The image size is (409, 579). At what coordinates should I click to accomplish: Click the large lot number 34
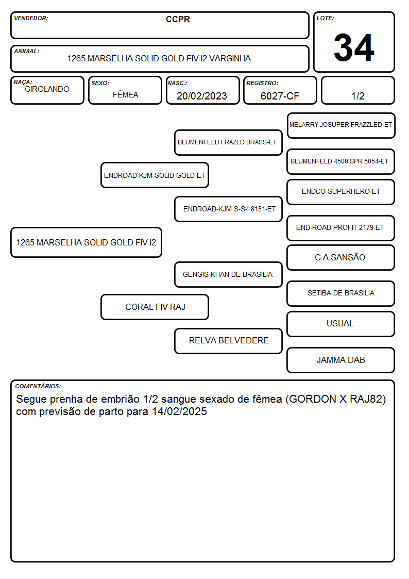[x=354, y=47]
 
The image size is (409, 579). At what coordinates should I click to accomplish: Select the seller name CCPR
[x=178, y=19]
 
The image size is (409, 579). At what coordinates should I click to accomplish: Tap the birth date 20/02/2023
[x=202, y=96]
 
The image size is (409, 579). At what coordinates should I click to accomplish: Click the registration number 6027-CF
[x=280, y=96]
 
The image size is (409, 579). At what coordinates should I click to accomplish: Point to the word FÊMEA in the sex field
[x=125, y=94]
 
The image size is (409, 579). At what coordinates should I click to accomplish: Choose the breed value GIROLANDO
[x=47, y=89]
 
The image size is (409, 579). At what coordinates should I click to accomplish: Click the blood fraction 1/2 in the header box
[x=357, y=96]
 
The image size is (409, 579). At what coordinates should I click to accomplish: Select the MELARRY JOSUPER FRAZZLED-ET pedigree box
[x=341, y=126]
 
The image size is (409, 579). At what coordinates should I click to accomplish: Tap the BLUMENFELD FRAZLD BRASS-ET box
[x=228, y=142]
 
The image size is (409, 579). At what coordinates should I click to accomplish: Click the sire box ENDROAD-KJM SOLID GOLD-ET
[x=155, y=175]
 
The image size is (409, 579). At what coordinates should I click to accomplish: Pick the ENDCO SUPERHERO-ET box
[x=341, y=192]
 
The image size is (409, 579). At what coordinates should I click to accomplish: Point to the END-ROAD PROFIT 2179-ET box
[x=341, y=228]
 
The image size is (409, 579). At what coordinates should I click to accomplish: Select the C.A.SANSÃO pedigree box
[x=341, y=257]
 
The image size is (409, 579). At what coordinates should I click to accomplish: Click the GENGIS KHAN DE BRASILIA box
[x=228, y=274]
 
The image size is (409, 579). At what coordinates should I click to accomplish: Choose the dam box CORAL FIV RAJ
[x=155, y=307]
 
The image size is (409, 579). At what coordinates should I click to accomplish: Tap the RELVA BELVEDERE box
[x=228, y=341]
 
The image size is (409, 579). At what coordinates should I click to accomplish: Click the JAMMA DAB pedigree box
[x=341, y=360]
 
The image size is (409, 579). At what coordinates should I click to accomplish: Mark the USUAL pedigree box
[x=341, y=324]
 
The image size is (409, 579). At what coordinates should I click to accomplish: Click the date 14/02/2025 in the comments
[x=179, y=411]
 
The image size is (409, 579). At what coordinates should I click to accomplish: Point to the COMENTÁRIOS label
[x=38, y=386]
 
